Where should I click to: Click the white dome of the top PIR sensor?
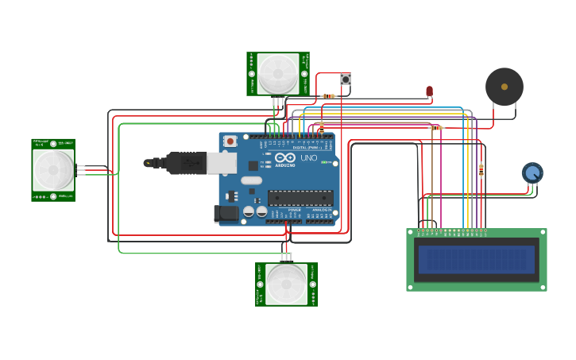(278, 74)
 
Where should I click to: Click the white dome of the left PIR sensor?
(53, 169)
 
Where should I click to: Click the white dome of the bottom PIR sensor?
(286, 285)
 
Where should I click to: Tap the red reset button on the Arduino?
(230, 141)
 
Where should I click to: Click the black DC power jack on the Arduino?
(226, 213)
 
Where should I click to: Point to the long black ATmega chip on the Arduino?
(300, 198)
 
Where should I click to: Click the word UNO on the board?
(308, 158)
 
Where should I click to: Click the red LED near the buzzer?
(430, 91)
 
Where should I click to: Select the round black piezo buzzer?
(504, 87)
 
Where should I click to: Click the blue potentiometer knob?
(532, 172)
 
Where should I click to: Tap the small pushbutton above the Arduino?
(345, 79)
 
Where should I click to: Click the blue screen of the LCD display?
(477, 259)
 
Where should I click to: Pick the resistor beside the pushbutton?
(328, 96)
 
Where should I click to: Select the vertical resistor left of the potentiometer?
(481, 170)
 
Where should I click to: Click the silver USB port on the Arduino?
(222, 163)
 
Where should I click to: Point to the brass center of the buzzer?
(504, 87)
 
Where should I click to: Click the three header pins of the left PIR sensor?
(81, 169)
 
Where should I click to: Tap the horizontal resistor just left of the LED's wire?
(436, 127)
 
